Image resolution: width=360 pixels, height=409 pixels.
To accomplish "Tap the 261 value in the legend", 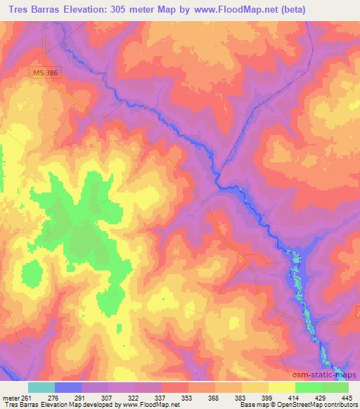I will click(x=25, y=398).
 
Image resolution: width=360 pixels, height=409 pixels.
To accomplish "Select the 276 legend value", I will click(x=54, y=398).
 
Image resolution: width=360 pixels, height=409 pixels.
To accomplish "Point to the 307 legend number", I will click(x=108, y=398).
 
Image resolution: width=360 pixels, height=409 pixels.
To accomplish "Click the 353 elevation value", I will click(x=188, y=398).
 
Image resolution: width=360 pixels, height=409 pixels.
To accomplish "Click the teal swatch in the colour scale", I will click(x=41, y=387).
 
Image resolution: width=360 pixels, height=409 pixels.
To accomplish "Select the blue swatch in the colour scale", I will click(x=68, y=387).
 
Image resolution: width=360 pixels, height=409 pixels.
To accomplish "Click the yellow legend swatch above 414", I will click(x=282, y=387).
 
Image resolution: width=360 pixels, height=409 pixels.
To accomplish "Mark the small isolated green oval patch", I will click(x=33, y=272).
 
